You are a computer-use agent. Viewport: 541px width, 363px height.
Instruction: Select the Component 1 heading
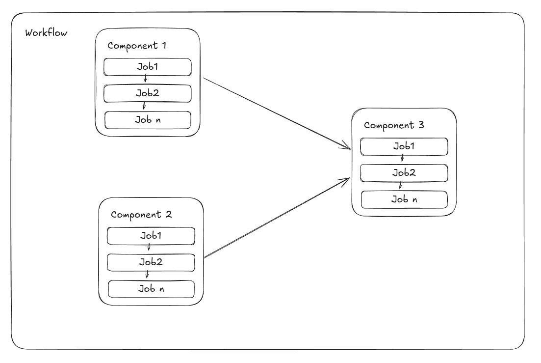pyautogui.click(x=137, y=46)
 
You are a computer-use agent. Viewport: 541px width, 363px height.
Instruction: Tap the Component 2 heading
pyautogui.click(x=141, y=215)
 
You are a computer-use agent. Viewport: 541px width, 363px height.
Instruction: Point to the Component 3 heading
pyautogui.click(x=394, y=125)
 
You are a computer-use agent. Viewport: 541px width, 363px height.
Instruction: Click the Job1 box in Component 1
pyautogui.click(x=148, y=67)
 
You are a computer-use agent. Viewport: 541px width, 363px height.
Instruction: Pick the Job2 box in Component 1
pyautogui.click(x=148, y=93)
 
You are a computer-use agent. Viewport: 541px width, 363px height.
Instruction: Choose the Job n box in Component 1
pyautogui.click(x=148, y=119)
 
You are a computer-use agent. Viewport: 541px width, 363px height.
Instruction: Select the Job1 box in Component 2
pyautogui.click(x=151, y=236)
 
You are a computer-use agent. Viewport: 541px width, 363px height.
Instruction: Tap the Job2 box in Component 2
pyautogui.click(x=151, y=262)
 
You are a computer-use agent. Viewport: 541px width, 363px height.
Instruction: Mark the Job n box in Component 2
pyautogui.click(x=151, y=289)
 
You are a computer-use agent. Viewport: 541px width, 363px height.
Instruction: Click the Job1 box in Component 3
pyautogui.click(x=404, y=146)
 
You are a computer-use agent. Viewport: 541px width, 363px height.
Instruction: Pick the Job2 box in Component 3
pyautogui.click(x=404, y=172)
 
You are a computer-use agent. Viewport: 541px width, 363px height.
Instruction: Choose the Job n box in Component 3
pyautogui.click(x=404, y=199)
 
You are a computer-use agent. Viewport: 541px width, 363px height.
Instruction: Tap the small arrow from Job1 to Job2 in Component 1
pyautogui.click(x=145, y=80)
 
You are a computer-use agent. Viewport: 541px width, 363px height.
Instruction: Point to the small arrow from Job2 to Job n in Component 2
pyautogui.click(x=147, y=275)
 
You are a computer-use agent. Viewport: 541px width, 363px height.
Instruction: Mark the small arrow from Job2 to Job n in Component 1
pyautogui.click(x=144, y=106)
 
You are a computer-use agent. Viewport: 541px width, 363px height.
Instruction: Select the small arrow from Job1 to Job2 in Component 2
pyautogui.click(x=149, y=249)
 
